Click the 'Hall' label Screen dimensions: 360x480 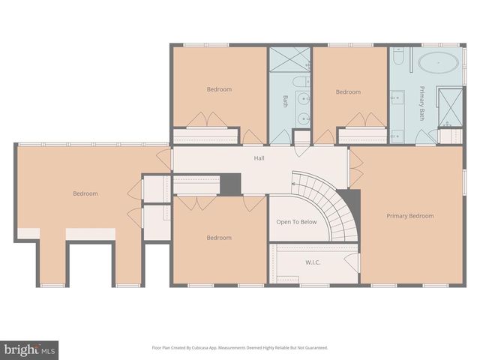point(259,158)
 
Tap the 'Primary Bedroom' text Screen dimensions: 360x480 point(410,216)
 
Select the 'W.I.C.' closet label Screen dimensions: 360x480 point(313,262)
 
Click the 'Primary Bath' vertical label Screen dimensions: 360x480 point(422,103)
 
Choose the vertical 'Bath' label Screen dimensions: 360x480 point(285,101)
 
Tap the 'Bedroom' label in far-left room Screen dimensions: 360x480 point(85,193)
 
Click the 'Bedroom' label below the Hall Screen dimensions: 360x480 point(219,238)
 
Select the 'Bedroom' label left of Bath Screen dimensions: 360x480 point(219,89)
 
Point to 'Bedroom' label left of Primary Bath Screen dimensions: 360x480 point(348,92)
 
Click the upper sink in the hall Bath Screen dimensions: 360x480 point(302,98)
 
